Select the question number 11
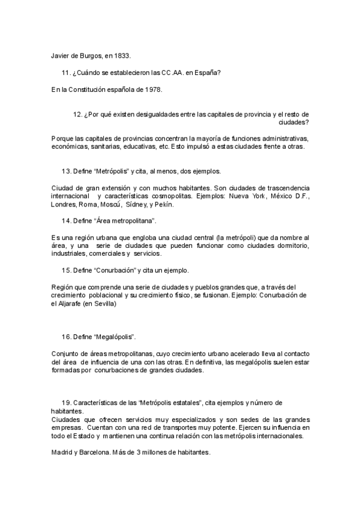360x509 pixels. coord(66,73)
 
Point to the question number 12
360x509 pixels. coord(77,114)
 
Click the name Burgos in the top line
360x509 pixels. coord(91,55)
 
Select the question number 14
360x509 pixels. coord(66,221)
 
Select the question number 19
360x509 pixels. coord(66,402)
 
